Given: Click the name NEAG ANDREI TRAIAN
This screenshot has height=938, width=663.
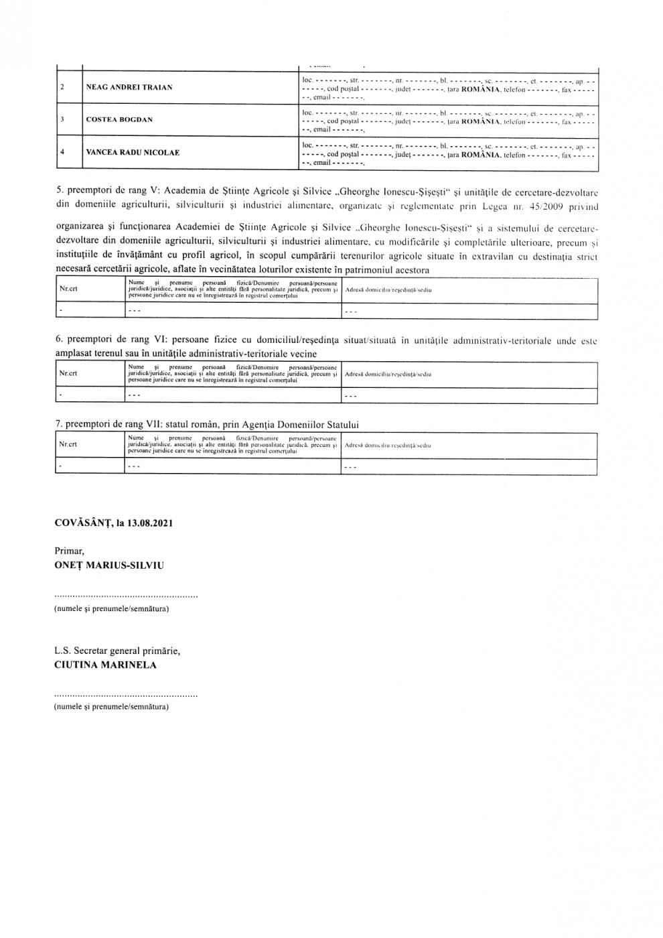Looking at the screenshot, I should click(129, 87).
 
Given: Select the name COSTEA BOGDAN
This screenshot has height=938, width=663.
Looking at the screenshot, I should click(119, 120).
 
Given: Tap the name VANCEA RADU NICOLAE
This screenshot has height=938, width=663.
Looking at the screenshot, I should click(133, 152).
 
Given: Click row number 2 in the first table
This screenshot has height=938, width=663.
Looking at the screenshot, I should click(62, 87).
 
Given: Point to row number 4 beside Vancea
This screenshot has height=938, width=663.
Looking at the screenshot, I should click(62, 152).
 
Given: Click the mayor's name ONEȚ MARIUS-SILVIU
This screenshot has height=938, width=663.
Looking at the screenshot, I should click(109, 565).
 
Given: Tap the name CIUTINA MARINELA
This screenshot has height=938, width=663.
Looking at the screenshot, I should click(105, 665).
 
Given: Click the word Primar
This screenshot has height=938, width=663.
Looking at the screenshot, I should click(70, 551).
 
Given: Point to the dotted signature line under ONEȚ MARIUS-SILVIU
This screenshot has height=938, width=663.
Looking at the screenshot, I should click(126, 596).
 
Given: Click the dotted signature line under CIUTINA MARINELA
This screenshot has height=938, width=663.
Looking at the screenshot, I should click(126, 696).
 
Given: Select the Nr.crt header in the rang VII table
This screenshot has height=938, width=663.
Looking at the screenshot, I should click(68, 445).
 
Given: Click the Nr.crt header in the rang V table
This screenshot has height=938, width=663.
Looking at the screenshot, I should click(68, 290).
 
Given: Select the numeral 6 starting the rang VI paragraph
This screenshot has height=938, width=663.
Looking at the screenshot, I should click(58, 340).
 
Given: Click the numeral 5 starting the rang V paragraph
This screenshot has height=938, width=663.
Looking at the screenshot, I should click(58, 192).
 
